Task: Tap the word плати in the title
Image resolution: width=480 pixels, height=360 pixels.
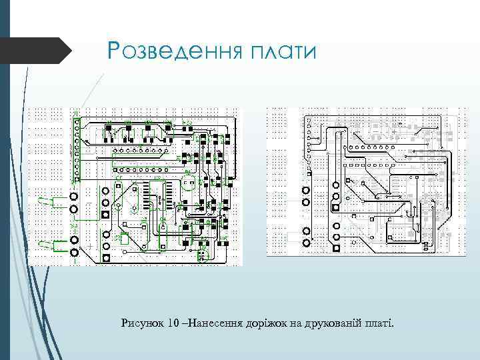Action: [x=279, y=51]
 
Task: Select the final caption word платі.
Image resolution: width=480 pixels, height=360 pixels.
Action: [x=380, y=323]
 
